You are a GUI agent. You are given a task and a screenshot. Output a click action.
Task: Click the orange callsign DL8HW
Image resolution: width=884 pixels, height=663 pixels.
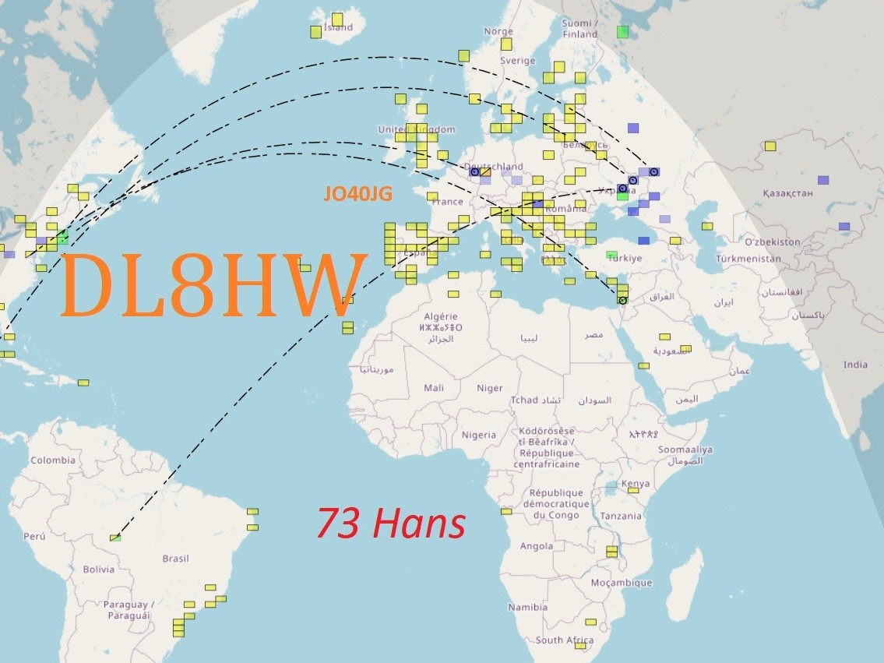[212, 285]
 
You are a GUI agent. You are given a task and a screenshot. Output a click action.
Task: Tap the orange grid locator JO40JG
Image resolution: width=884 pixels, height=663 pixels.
[357, 195]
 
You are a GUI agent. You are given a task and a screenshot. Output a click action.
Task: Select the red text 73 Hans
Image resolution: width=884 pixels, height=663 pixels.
[391, 524]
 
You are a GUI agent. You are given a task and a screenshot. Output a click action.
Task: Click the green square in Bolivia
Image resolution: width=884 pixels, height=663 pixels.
[115, 538]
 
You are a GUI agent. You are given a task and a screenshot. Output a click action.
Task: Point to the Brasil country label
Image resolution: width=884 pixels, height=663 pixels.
[175, 559]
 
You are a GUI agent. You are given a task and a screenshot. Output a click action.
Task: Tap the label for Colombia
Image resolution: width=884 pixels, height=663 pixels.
[53, 460]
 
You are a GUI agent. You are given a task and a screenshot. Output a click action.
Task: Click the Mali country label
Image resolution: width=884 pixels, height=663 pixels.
[434, 388]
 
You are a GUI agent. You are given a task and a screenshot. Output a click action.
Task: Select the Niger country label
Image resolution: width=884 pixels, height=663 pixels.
[489, 388]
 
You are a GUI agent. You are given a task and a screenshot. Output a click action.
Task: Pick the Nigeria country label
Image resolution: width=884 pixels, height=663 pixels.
[478, 435]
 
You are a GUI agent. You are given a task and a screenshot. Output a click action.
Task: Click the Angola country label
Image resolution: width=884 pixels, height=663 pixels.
[537, 546]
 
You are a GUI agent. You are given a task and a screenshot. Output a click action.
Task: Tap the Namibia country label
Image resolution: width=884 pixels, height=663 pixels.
[528, 607]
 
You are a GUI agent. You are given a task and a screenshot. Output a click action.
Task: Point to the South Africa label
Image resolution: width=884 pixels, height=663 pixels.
[565, 640]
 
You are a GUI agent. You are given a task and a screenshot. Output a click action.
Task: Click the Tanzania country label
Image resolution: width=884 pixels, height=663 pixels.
[621, 516]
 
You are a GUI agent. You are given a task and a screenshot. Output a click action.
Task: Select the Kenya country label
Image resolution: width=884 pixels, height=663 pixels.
[636, 484]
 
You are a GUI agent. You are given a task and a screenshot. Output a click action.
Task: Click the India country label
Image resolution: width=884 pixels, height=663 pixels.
[855, 365]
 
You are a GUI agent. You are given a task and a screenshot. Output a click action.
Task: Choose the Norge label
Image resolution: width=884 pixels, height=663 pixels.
[498, 32]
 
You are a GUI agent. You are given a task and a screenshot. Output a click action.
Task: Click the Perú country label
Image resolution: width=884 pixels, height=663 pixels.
[34, 536]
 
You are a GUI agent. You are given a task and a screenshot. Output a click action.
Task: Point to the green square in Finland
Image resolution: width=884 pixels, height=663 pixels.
[622, 31]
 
